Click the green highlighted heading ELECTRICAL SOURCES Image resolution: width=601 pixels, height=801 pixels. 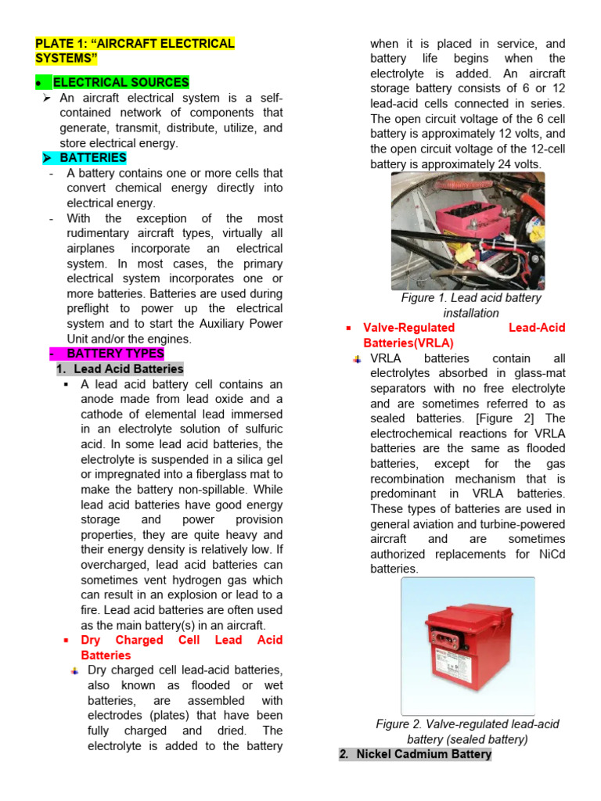coord(121,82)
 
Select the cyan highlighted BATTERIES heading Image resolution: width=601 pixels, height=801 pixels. coord(92,158)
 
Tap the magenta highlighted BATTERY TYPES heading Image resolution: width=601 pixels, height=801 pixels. coord(115,354)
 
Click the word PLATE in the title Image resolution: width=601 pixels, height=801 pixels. coord(54,44)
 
